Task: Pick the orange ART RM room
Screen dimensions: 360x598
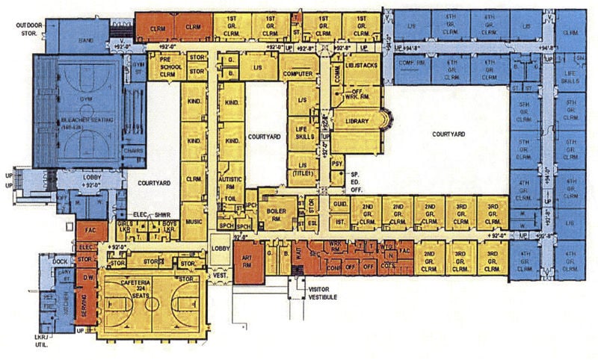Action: coord(247,261)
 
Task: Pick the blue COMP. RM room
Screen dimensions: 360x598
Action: coord(413,63)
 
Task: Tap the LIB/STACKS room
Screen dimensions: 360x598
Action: coord(362,66)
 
